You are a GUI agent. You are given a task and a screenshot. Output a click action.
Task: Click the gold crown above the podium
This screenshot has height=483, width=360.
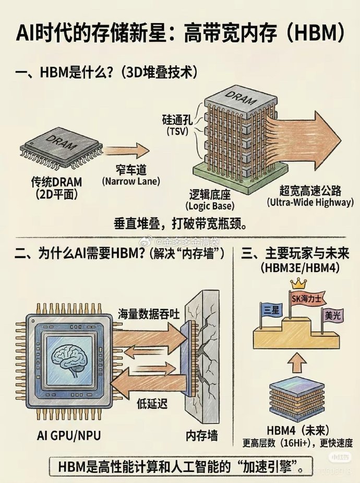click(297, 284)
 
